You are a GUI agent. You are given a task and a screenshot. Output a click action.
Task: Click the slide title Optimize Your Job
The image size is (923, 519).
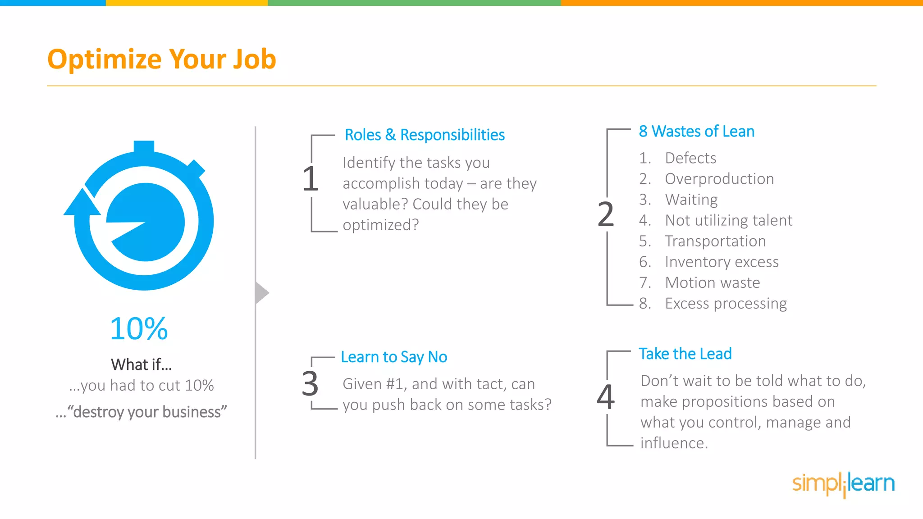161,59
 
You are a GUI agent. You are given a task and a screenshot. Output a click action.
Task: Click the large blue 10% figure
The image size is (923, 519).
139,328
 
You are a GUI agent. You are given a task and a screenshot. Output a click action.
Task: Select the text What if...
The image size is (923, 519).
141,364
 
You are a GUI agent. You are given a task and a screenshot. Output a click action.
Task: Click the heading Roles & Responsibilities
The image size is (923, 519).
424,135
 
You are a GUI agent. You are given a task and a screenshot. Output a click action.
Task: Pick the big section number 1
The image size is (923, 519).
311,179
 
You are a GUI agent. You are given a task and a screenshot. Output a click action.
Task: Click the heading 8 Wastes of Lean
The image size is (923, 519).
696,131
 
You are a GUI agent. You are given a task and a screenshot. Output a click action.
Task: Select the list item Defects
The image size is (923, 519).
690,158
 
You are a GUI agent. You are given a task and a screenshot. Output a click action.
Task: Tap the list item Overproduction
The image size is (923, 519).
719,179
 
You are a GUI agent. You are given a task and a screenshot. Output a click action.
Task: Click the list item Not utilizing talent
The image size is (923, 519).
728,220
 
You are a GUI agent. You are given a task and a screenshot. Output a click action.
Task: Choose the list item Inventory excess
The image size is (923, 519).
722,262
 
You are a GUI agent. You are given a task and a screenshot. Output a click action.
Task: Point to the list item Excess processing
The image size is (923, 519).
726,304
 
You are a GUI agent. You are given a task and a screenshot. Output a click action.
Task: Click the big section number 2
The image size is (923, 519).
605,214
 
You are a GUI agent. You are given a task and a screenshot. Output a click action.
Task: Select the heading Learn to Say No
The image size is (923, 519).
394,357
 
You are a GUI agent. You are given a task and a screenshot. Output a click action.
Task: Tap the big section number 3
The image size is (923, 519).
310,384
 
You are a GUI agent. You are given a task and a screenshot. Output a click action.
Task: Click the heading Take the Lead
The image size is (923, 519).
685,354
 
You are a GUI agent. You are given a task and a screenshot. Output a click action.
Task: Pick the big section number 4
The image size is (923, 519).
606,396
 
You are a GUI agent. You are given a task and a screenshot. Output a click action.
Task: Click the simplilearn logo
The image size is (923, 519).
843,483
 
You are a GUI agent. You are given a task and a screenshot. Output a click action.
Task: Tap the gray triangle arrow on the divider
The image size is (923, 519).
261,293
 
